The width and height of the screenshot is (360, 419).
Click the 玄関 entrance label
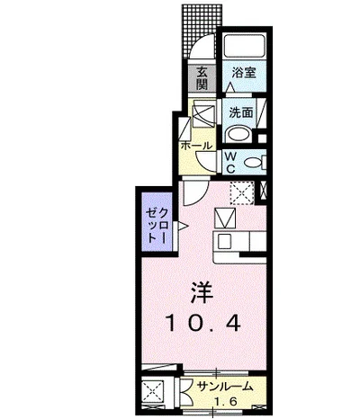point(202,78)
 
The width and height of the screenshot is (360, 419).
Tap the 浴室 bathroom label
point(244,73)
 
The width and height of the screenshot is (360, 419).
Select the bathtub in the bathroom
point(245,47)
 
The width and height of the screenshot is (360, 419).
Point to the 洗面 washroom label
point(241,112)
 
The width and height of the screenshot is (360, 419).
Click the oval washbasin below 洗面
point(238,135)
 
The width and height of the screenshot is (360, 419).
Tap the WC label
point(230,162)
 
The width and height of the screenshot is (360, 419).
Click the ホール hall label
point(196,146)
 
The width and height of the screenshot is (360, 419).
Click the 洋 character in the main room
point(202,292)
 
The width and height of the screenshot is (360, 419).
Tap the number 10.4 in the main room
point(203,323)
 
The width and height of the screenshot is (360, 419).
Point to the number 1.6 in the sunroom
point(226,401)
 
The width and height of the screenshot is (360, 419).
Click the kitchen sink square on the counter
point(224,242)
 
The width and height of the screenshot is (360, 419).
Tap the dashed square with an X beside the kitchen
point(242,192)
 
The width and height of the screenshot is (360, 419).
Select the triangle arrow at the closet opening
point(183,226)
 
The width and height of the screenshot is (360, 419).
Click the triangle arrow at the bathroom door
point(230,87)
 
